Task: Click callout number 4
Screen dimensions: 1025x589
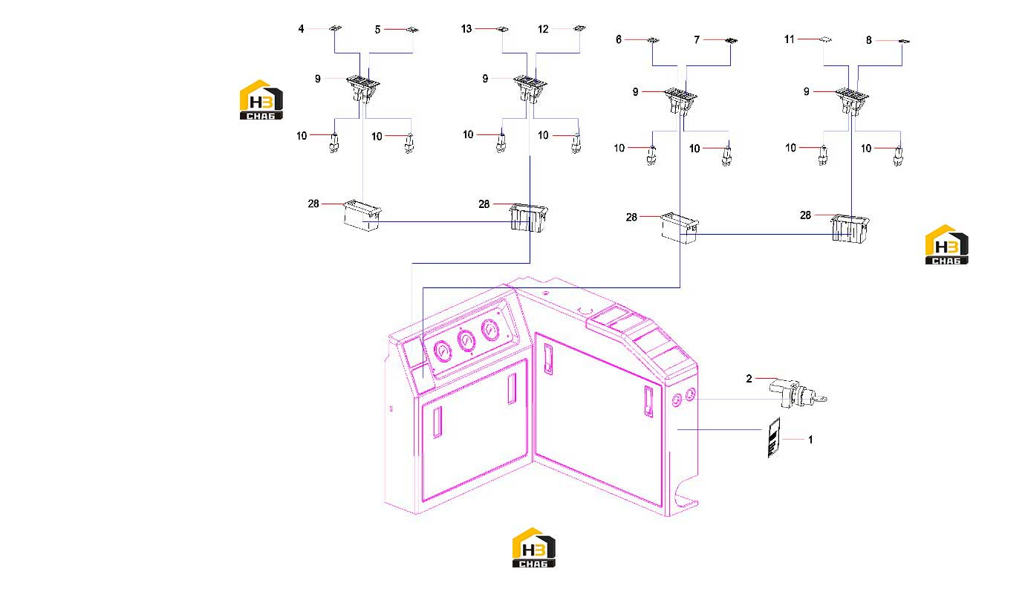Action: click(301, 29)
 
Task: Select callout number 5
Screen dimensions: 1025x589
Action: click(377, 30)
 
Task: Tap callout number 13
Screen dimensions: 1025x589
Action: click(466, 29)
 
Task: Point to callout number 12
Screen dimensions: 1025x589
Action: click(543, 29)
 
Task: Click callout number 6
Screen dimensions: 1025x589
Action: click(619, 40)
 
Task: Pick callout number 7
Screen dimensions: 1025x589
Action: click(697, 40)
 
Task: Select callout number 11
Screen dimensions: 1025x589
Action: click(790, 39)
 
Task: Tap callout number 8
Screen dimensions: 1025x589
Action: click(869, 41)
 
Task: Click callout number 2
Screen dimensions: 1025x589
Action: click(749, 379)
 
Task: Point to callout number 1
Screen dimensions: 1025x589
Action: click(810, 440)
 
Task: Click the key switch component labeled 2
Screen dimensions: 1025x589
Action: click(798, 394)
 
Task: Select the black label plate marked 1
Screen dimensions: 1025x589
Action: click(774, 437)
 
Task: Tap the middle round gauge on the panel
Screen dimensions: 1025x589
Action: click(466, 341)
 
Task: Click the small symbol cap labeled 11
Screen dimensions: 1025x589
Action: click(825, 39)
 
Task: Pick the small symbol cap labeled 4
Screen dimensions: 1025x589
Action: click(336, 28)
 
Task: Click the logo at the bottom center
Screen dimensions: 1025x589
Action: click(533, 548)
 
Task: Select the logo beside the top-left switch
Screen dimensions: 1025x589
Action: click(261, 100)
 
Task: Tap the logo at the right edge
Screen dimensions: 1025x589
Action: click(947, 244)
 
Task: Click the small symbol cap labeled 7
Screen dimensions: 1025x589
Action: click(731, 41)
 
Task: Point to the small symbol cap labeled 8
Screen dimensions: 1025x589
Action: click(904, 41)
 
